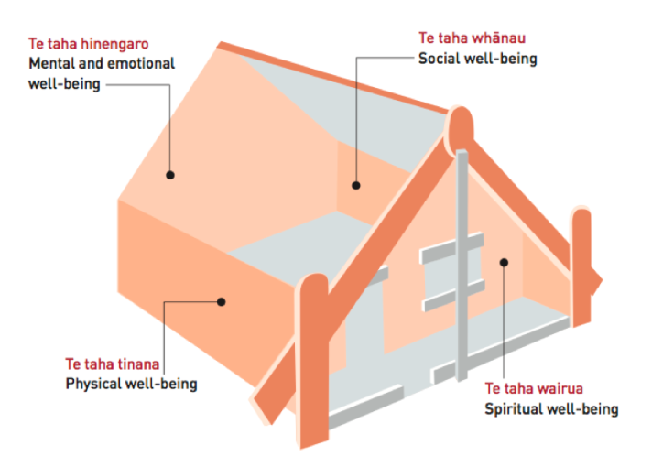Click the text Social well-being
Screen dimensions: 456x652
point(477,60)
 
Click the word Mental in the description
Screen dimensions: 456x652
point(50,65)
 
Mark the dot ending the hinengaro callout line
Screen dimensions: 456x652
point(170,173)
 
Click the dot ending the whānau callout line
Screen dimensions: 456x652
point(356,186)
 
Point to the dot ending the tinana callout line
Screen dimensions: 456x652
point(221,299)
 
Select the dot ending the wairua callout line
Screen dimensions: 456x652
point(503,262)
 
